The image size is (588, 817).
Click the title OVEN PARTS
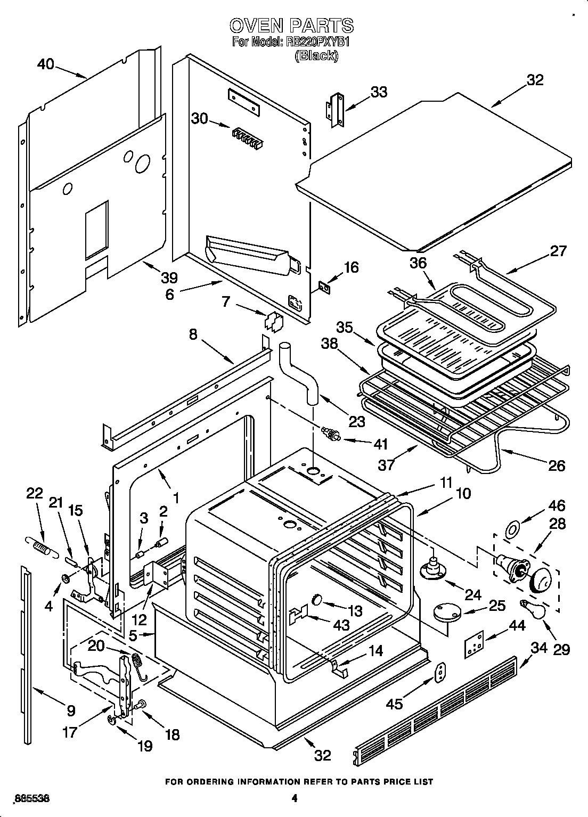coord(291,25)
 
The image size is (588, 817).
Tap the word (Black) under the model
coord(316,56)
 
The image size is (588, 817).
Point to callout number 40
coord(46,64)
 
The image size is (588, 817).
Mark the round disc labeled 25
coord(447,612)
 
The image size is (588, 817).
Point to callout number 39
coord(169,277)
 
